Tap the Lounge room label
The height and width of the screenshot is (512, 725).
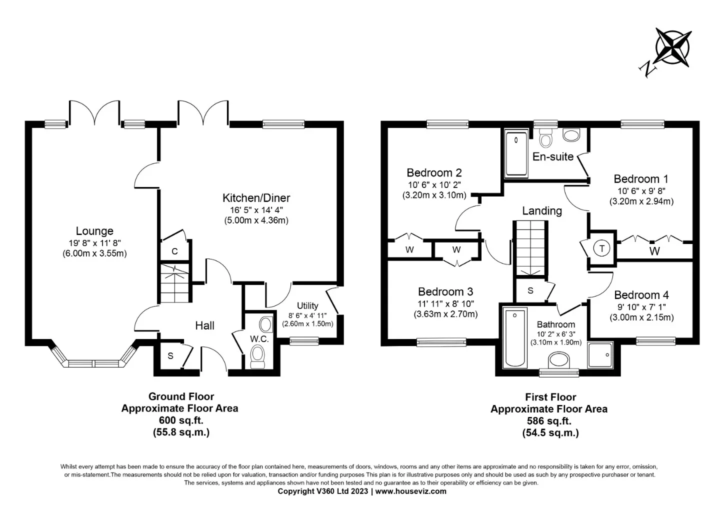pos(94,231)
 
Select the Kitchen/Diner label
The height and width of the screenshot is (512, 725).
pos(256,197)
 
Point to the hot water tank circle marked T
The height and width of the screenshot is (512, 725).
pos(601,248)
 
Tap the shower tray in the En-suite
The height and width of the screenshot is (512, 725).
pos(516,154)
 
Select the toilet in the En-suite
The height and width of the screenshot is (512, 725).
pos(545,138)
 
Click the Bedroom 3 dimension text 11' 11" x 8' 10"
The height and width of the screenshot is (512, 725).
pos(445,303)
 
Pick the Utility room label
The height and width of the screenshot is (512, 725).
pos(307,305)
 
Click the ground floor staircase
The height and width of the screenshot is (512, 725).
pos(175,283)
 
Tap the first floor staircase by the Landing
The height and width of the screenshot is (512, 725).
pos(530,248)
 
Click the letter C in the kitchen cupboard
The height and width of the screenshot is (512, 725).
pos(175,251)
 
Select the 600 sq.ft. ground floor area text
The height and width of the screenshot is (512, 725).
pos(181,420)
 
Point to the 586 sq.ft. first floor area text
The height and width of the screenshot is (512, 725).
pos(549,420)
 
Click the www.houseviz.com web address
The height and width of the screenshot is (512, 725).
pos(410,491)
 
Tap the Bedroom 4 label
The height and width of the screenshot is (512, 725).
pos(641,295)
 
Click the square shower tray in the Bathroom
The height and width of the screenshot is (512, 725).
pos(600,355)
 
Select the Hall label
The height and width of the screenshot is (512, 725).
pos(205,325)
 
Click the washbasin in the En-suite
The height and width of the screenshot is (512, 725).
pos(571,135)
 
